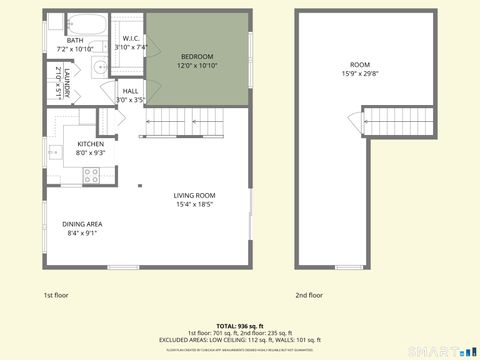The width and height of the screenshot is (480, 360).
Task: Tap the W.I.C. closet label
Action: tap(130, 40)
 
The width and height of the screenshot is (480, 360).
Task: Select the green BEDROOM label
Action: tap(198, 56)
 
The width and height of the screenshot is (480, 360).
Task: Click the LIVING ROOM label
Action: tap(194, 196)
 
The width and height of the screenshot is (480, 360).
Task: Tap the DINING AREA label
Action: tap(82, 224)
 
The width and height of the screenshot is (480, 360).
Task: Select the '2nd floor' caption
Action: tap(309, 295)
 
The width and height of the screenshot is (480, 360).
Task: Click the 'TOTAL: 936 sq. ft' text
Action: tap(240, 326)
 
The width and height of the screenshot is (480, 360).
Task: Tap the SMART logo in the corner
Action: tap(439, 350)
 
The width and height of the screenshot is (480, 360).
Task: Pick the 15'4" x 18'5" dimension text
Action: tap(194, 204)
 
